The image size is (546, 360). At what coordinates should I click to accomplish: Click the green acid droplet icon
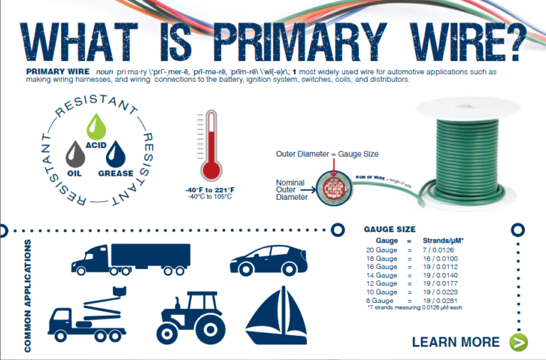tap(95, 126)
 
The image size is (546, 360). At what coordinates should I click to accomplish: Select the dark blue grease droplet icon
tap(114, 154)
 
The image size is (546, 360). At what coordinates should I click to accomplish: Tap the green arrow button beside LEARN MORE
tap(518, 342)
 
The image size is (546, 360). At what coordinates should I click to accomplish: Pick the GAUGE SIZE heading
tap(390, 230)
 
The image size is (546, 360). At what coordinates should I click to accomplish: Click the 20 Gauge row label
tap(381, 249)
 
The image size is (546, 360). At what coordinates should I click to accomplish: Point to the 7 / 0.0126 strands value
tap(441, 249)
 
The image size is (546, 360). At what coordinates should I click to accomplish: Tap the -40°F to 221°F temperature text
tap(209, 189)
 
